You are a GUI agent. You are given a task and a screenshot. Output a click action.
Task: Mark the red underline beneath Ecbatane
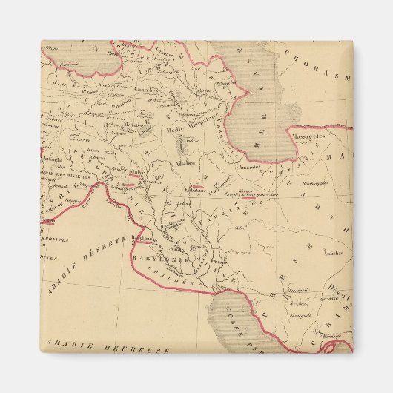point(197,185)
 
